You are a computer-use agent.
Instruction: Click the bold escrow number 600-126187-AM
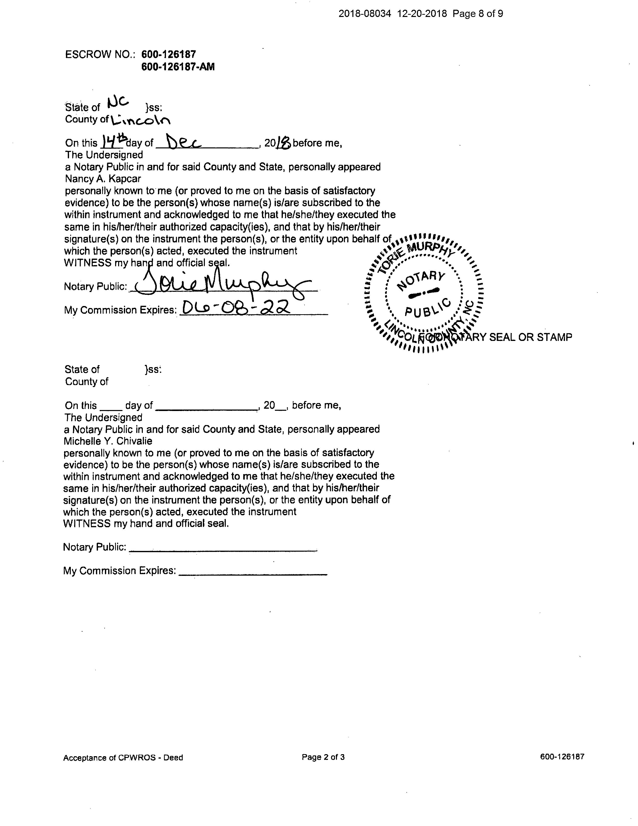coord(178,67)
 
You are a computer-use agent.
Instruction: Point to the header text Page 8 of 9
coord(478,14)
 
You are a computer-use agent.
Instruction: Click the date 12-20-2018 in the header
coord(422,14)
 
